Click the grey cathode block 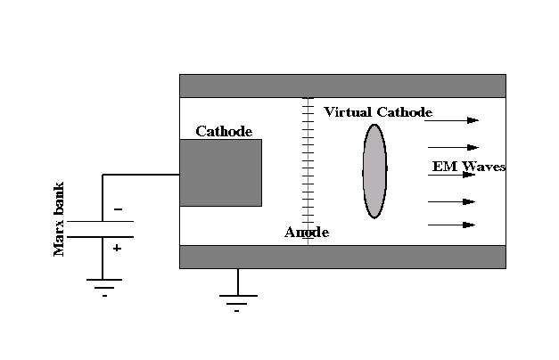click(220, 172)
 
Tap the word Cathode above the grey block click(224, 132)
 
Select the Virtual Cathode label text click(378, 112)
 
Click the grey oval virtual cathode click(374, 170)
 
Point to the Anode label click(307, 233)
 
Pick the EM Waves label click(469, 167)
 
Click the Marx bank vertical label click(60, 218)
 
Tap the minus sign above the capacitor click(118, 210)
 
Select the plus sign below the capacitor click(117, 249)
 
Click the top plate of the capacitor click(102, 221)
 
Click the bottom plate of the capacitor click(102, 236)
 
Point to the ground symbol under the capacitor click(104, 283)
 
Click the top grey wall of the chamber click(342, 86)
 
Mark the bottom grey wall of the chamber click(342, 257)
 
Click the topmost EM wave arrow click(453, 119)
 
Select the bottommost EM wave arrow click(451, 225)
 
